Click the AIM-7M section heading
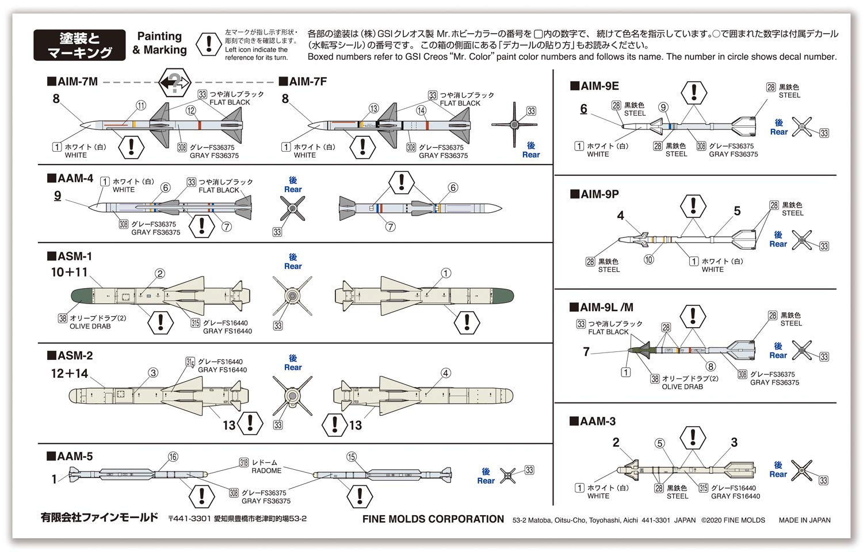tap(73, 82)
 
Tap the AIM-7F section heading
tap(303, 82)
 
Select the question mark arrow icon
tap(175, 83)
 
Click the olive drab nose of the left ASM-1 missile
tap(81, 296)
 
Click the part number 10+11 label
tap(69, 272)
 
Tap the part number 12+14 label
tap(69, 374)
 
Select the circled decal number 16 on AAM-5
tap(173, 457)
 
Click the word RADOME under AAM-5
tap(266, 470)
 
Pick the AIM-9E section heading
tap(595, 86)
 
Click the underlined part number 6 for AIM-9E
tap(583, 109)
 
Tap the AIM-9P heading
tap(595, 194)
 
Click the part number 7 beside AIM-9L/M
tap(586, 351)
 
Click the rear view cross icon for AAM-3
tap(801, 470)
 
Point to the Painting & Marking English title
tap(159, 43)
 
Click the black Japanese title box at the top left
tap(79, 45)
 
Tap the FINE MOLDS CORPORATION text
tap(433, 519)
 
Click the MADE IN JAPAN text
tap(804, 520)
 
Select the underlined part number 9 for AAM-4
tap(58, 195)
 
